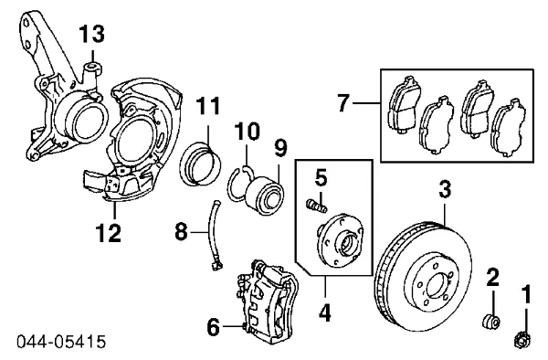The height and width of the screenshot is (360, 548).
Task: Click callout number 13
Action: (91, 35)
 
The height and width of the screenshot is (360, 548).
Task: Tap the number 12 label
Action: (109, 233)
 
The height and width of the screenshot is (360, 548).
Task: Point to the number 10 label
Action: (248, 133)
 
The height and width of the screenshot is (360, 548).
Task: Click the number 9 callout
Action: (279, 145)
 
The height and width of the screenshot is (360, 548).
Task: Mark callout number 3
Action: (445, 191)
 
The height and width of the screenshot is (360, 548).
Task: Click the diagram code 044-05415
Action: (60, 342)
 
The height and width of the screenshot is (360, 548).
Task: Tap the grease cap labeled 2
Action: (490, 320)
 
